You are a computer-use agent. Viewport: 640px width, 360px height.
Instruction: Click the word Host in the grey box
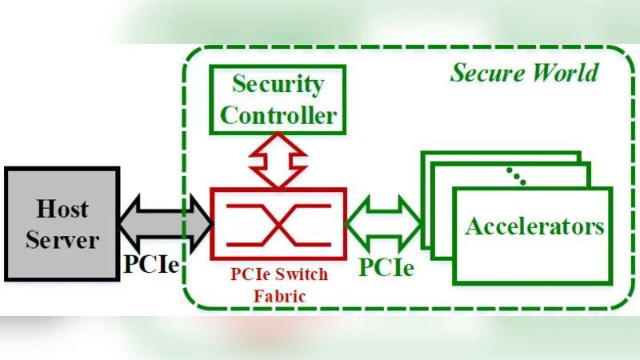pyautogui.click(x=62, y=210)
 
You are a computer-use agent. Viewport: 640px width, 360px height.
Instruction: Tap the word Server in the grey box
pyautogui.click(x=62, y=240)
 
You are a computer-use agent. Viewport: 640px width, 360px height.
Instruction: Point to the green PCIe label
pyautogui.click(x=386, y=266)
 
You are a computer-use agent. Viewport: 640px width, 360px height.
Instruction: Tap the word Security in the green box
pyautogui.click(x=278, y=85)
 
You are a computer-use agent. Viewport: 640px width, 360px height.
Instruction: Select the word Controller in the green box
pyautogui.click(x=278, y=114)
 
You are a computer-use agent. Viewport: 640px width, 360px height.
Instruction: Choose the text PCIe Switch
pyautogui.click(x=278, y=274)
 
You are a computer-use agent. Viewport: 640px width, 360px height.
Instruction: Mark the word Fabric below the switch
pyautogui.click(x=278, y=294)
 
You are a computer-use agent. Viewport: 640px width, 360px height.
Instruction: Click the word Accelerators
pyautogui.click(x=534, y=226)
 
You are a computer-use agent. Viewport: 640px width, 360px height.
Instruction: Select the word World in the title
pyautogui.click(x=564, y=74)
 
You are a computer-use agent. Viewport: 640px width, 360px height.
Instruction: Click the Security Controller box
pyautogui.click(x=278, y=99)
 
